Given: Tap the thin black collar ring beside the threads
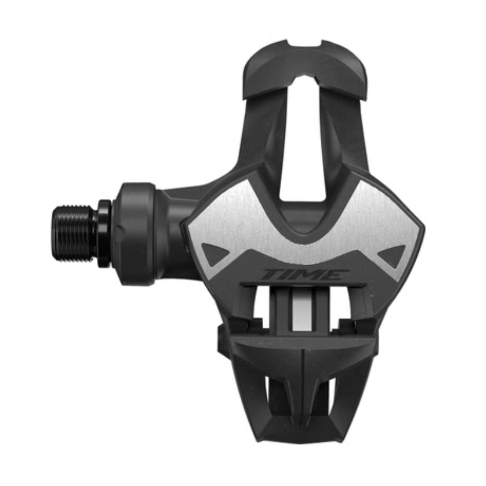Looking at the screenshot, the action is click(105, 234).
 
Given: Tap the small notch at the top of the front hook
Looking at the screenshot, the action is click(304, 43).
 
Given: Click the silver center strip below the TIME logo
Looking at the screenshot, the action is click(300, 308).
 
